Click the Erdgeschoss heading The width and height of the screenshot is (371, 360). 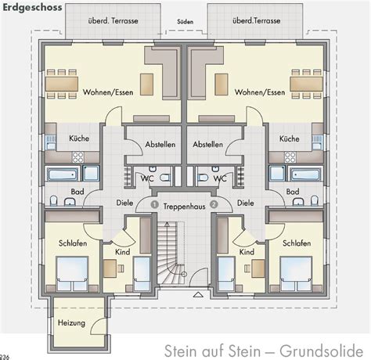pyautogui.click(x=29, y=8)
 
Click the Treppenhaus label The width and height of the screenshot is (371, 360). pyautogui.click(x=185, y=205)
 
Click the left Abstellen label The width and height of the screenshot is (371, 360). pyautogui.click(x=160, y=145)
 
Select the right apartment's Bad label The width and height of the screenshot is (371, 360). pyautogui.click(x=293, y=191)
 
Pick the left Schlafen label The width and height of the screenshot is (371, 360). pyautogui.click(x=71, y=243)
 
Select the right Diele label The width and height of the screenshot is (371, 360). pyautogui.click(x=245, y=202)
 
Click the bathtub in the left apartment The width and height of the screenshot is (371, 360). pyautogui.click(x=62, y=174)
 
